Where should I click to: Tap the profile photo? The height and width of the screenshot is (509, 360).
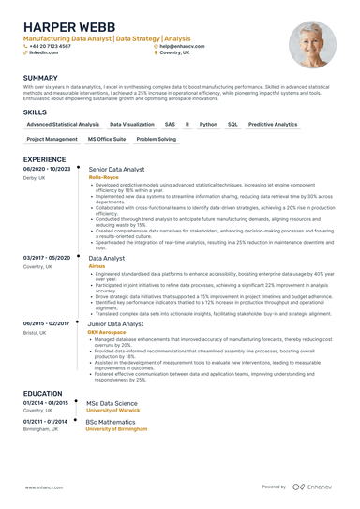tap(313, 44)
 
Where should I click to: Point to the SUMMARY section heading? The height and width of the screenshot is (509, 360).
tap(40, 78)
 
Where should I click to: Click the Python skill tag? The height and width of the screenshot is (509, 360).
tap(208, 124)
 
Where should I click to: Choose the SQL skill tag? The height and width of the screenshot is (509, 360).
tap(232, 124)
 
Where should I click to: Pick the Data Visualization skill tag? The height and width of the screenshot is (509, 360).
tap(132, 124)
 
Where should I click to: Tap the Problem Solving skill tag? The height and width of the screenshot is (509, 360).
tap(156, 139)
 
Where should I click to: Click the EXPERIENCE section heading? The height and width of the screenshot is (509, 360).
tap(44, 159)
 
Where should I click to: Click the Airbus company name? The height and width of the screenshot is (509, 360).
tap(97, 266)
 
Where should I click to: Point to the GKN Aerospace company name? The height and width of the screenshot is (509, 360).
tap(107, 333)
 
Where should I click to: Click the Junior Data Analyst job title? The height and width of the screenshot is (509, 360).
tap(115, 324)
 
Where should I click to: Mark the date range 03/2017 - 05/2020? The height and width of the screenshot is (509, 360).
tap(47, 257)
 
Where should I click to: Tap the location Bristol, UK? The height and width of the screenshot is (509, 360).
tap(37, 333)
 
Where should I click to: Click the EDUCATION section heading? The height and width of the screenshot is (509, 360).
tap(43, 394)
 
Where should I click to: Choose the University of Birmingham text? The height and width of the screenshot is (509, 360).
tap(117, 428)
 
